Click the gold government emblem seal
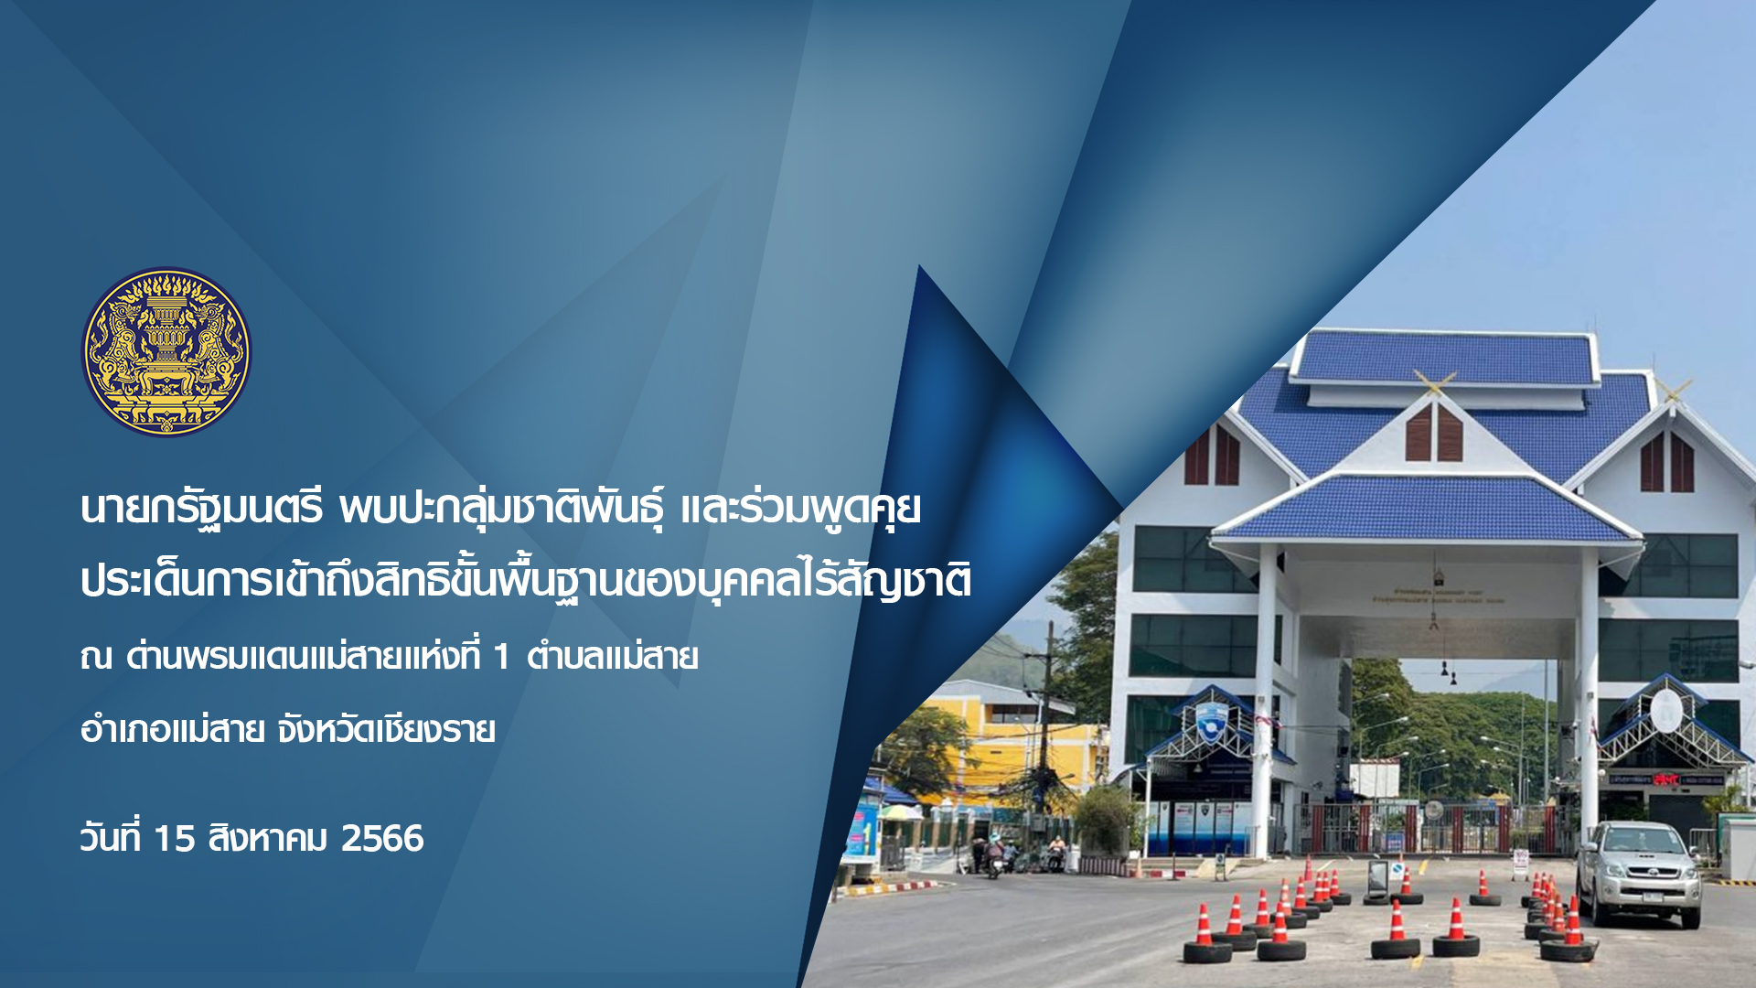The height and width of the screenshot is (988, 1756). [166, 352]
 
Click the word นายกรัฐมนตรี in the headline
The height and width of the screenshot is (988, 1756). [202, 509]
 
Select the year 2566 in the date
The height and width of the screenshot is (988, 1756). [382, 839]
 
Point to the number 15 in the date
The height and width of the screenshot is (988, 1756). [175, 839]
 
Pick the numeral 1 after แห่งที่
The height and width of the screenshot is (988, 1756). [500, 657]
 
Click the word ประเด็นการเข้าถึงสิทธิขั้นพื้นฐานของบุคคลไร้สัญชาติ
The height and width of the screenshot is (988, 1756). [526, 580]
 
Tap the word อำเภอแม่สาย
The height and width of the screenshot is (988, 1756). [173, 730]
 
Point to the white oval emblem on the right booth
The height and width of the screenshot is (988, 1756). [1665, 711]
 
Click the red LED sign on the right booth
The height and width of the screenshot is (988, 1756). [1665, 779]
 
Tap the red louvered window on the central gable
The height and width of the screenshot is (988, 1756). [1433, 432]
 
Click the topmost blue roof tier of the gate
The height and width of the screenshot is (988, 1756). [1445, 357]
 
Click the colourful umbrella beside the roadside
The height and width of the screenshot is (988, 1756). [899, 811]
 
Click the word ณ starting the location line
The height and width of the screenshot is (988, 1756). [95, 657]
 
